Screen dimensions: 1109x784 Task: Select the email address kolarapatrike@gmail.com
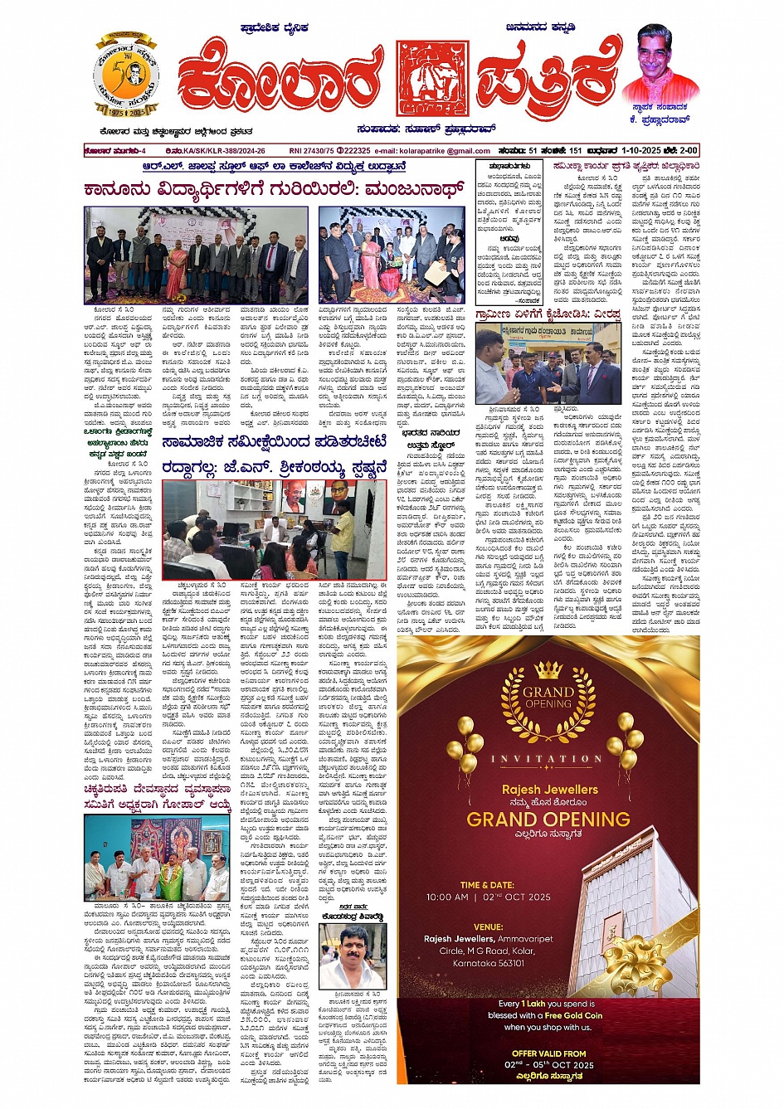445,151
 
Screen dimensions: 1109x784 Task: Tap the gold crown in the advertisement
548,669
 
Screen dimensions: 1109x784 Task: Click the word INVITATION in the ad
547,758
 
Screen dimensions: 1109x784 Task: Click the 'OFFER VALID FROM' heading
548,1053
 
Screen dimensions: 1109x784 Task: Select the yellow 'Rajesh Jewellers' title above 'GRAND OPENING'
549,789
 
